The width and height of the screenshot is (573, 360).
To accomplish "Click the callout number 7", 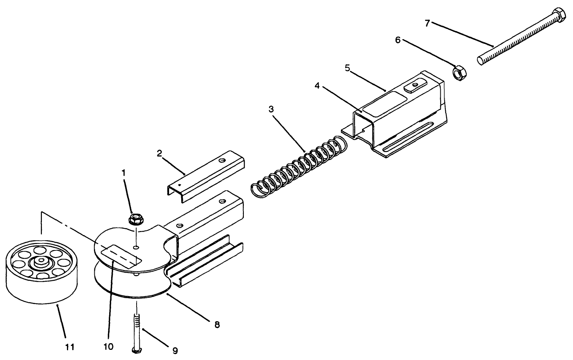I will [428, 23].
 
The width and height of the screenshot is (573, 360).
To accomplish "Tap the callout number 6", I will [398, 40].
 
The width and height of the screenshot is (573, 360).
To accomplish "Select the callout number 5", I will [347, 68].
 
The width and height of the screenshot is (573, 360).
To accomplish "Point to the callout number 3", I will [271, 109].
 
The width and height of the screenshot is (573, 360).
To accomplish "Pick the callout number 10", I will [108, 347].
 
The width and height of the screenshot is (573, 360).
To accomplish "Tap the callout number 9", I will [175, 351].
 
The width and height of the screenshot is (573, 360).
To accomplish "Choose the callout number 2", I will [159, 153].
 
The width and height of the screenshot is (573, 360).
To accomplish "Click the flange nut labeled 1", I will [135, 218].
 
